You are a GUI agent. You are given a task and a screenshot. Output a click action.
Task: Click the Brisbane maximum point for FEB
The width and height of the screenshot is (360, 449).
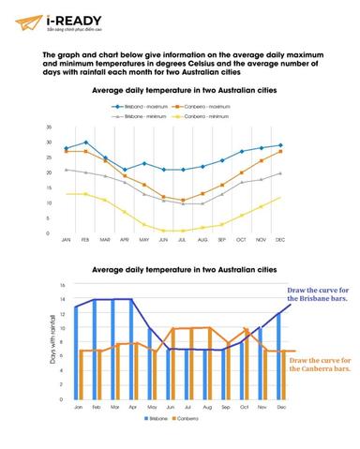click(x=86, y=142)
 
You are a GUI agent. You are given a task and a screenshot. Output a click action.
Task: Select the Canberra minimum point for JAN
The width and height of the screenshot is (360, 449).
click(x=67, y=194)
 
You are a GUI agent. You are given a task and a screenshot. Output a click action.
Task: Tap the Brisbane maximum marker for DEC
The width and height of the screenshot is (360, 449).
click(x=280, y=145)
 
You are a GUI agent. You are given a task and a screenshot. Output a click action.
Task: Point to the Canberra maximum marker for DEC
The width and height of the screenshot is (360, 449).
click(x=280, y=152)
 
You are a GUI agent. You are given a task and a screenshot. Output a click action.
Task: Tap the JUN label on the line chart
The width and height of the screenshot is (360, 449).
click(x=164, y=240)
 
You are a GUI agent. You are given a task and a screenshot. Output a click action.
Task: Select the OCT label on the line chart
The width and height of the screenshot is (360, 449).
click(x=242, y=240)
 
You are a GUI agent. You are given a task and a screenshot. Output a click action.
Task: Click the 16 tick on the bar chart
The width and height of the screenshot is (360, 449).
click(x=63, y=286)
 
